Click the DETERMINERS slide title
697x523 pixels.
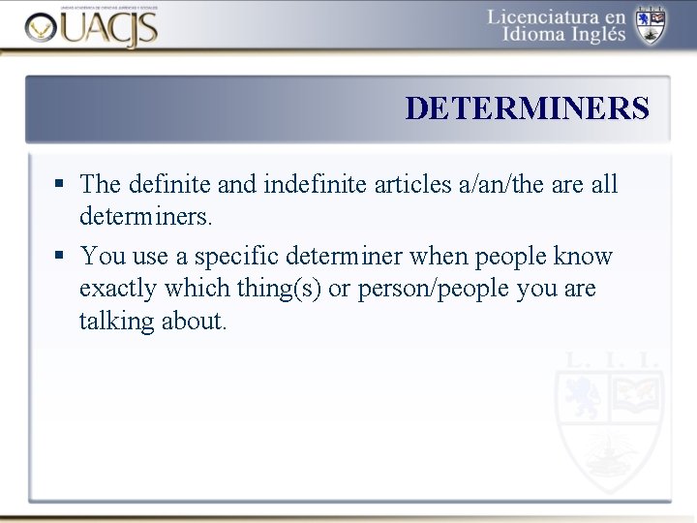(x=527, y=108)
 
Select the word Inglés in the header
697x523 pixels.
(x=592, y=36)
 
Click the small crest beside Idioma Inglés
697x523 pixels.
(x=650, y=24)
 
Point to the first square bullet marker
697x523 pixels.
(x=60, y=183)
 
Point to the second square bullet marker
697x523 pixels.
(x=60, y=256)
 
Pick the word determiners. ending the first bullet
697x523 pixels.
(x=145, y=215)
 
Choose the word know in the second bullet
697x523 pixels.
(x=583, y=257)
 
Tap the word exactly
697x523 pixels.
(x=118, y=289)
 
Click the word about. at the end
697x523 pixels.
(x=195, y=321)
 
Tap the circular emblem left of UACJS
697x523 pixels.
(x=42, y=29)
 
